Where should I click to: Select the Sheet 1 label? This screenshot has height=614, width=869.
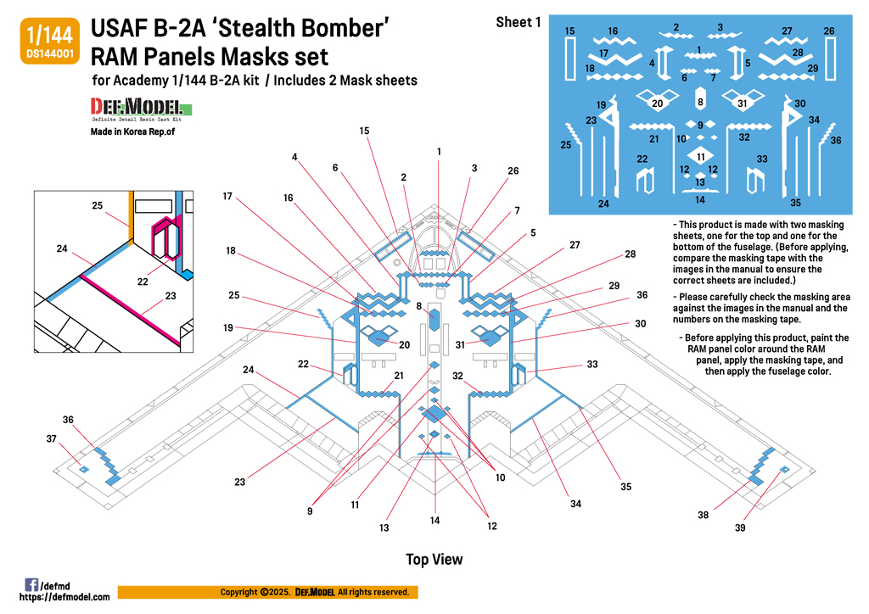(518, 23)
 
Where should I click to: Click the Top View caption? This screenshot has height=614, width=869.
(434, 559)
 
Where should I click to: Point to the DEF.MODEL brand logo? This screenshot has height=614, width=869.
(141, 109)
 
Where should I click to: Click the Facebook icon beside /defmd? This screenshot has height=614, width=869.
(31, 584)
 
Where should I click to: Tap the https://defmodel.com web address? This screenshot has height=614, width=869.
(64, 597)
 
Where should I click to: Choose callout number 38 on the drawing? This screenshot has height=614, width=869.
(703, 515)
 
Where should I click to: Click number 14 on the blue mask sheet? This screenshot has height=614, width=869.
(699, 200)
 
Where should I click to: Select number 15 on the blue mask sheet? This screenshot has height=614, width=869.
(569, 31)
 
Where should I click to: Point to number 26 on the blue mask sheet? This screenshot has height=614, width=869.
(828, 31)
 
